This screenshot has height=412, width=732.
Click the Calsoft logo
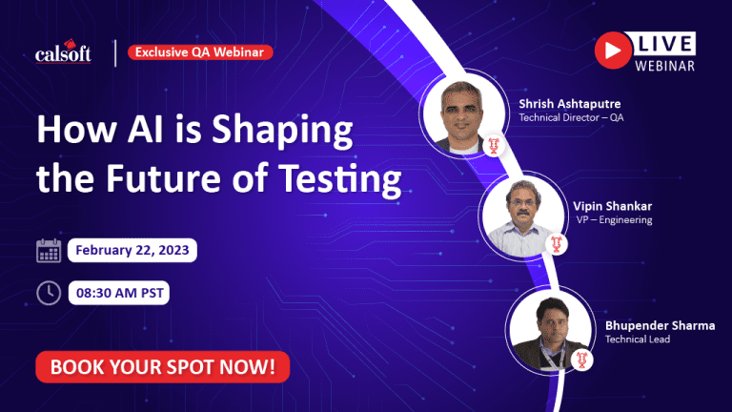63,51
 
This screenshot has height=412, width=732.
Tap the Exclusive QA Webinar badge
200,51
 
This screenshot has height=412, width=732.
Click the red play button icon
613,50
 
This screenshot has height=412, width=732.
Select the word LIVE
664,44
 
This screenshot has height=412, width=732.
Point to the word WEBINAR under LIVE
664,66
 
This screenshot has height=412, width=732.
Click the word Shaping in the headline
282,130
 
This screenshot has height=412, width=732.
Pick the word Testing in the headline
340,179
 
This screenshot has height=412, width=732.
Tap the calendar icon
49,251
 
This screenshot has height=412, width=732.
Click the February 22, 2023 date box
132,251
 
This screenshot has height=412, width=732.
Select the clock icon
49,293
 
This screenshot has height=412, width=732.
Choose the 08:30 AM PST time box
119,293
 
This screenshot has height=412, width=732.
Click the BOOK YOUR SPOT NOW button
162,366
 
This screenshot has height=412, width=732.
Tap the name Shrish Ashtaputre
570,104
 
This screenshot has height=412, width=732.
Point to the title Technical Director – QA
571,117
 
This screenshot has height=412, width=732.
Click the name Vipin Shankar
613,206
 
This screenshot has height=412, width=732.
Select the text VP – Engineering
614,219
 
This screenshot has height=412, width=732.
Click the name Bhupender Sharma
661,325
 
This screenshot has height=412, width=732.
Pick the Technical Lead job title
638,340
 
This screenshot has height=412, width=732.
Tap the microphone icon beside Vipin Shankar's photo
557,244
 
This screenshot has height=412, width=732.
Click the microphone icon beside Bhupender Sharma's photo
581,360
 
